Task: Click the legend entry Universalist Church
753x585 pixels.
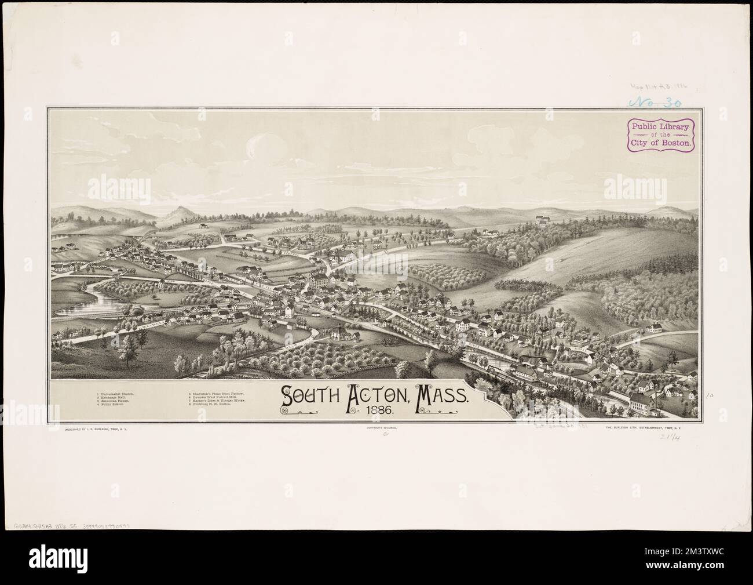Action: coord(118,394)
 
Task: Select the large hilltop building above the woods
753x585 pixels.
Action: coord(543,220)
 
